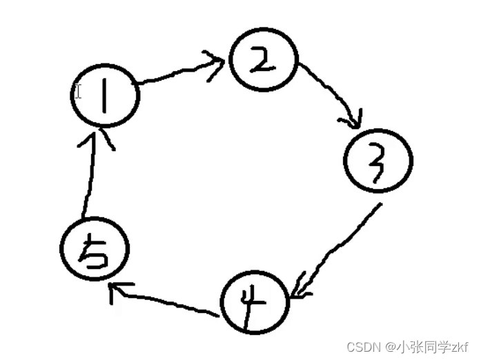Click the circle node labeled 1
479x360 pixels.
[x=106, y=96]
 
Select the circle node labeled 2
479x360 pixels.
[x=263, y=62]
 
